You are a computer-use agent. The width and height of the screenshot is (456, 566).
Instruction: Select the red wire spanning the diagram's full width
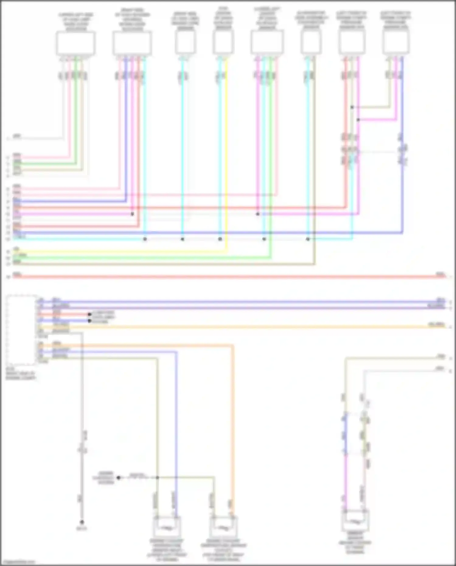228,276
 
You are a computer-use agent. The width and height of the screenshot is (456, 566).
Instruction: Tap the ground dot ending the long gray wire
82,522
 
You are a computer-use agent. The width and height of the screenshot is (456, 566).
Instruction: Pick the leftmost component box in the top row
75,43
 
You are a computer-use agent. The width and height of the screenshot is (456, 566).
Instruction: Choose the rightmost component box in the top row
396,42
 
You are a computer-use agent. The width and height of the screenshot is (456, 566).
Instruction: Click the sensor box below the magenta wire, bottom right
355,521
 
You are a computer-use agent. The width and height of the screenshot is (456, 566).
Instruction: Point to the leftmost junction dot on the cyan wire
145,239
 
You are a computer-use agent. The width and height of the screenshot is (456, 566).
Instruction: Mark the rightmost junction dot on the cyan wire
308,239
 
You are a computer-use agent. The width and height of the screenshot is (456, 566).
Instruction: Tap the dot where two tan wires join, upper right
352,107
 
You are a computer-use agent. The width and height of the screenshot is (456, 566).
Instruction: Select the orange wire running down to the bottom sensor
233,426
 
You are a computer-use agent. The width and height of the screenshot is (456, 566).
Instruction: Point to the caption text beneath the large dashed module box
21,373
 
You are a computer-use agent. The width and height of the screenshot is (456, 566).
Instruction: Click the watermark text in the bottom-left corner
18,562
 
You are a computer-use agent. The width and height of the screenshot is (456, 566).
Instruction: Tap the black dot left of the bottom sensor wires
119,477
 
